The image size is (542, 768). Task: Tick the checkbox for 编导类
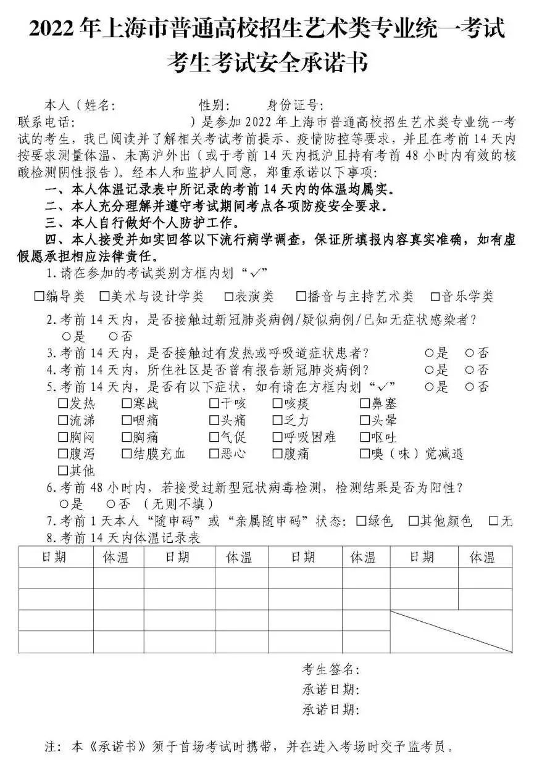[x=39, y=297]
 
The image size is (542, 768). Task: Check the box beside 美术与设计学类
[x=104, y=297]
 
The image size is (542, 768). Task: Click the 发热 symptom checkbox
[x=63, y=404]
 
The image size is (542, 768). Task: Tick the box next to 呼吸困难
[x=278, y=437]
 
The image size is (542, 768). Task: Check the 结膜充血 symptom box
[x=127, y=454]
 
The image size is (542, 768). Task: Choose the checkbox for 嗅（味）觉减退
[x=365, y=454]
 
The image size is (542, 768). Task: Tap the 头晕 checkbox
[x=365, y=421]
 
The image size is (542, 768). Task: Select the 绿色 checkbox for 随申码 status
[x=362, y=521]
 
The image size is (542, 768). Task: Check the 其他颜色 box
[x=414, y=521]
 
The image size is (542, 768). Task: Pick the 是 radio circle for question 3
[x=429, y=353]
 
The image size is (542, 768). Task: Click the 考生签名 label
[x=330, y=670]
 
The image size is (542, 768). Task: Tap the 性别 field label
[x=214, y=105]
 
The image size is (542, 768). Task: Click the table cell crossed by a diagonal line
[x=451, y=631]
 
